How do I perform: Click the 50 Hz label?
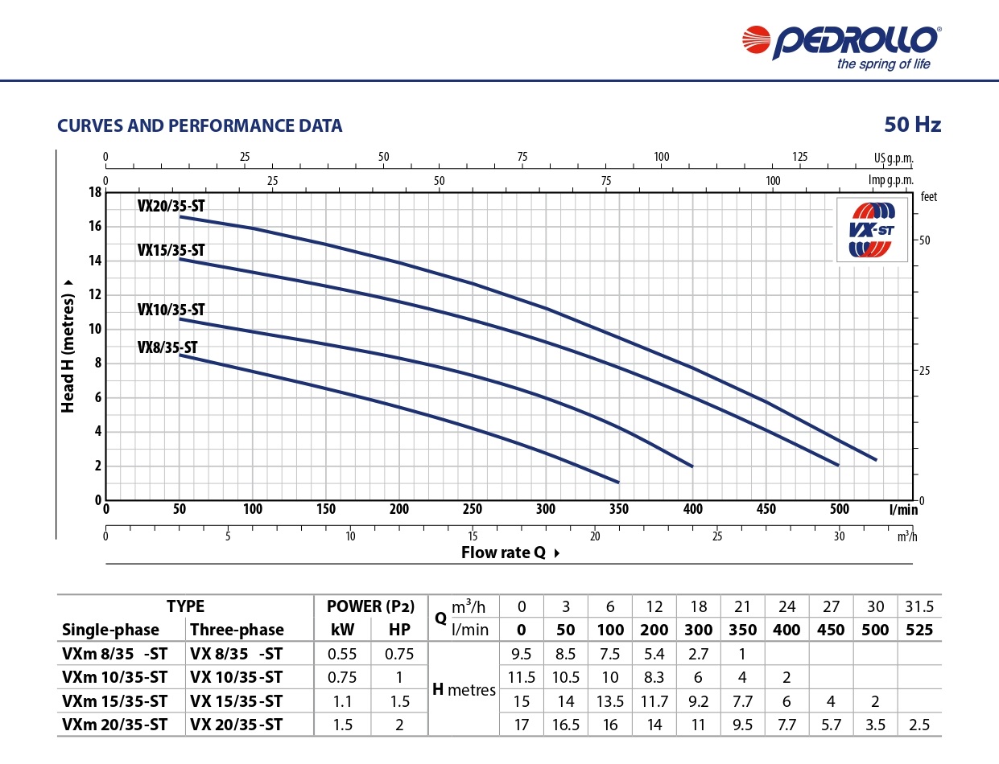click(x=912, y=125)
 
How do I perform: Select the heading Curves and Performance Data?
click(x=200, y=125)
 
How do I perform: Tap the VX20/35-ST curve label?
click(x=171, y=205)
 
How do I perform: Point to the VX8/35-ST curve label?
click(x=167, y=347)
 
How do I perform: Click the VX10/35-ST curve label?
click(x=171, y=309)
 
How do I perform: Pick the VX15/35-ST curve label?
click(x=171, y=249)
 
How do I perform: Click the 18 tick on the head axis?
click(x=95, y=192)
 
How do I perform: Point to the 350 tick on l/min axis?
click(x=619, y=509)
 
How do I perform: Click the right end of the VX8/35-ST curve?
click(x=618, y=483)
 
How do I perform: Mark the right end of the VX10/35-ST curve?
click(x=692, y=466)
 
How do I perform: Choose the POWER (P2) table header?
click(x=370, y=606)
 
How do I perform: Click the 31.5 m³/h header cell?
click(x=919, y=606)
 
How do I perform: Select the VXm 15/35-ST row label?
click(x=114, y=700)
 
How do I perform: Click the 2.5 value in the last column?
click(x=919, y=725)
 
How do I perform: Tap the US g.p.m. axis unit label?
click(x=894, y=157)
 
